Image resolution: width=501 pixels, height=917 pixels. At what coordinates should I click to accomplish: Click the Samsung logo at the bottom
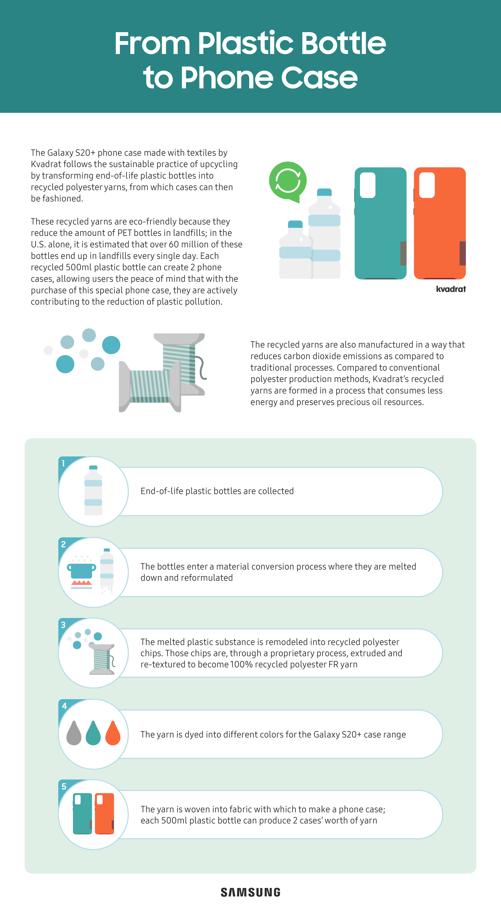click(250, 892)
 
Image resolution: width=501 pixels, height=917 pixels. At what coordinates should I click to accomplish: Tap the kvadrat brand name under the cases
click(451, 289)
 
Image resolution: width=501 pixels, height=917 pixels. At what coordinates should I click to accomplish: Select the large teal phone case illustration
click(380, 223)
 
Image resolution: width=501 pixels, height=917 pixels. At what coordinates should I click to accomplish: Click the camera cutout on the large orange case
click(427, 185)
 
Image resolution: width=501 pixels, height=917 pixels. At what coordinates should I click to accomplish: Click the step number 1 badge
click(63, 463)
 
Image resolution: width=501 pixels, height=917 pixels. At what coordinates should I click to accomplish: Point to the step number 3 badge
click(63, 625)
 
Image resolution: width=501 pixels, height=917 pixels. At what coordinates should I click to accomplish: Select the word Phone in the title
click(228, 78)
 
